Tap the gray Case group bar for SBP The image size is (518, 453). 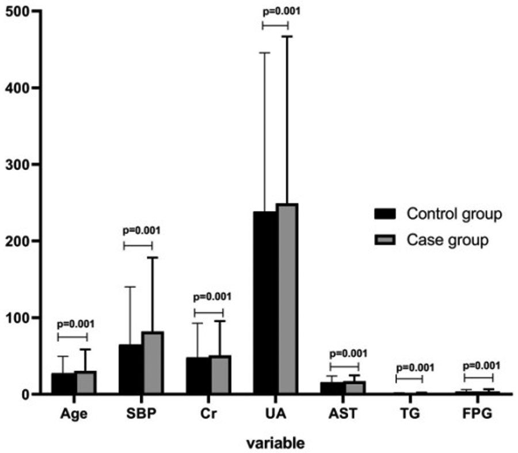coord(153,363)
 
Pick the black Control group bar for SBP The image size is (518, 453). coord(130,369)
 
